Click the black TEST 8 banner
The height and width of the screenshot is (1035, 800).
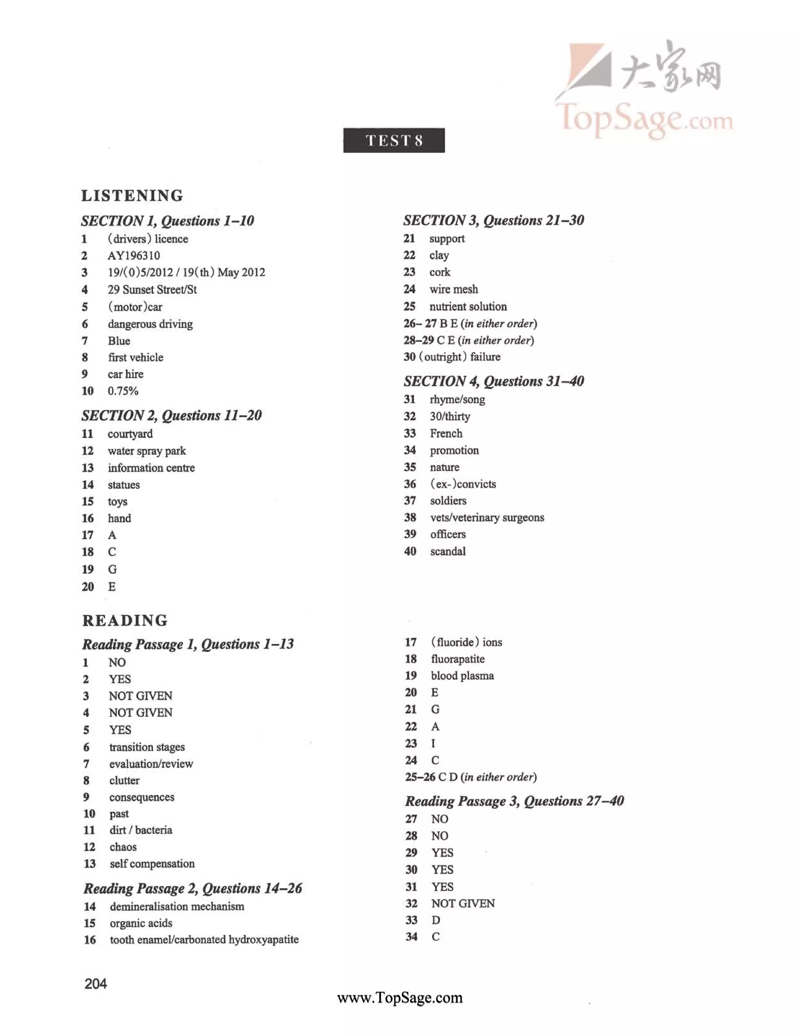(x=394, y=140)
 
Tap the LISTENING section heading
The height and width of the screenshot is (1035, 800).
(x=132, y=195)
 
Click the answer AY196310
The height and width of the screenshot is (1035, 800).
(x=134, y=256)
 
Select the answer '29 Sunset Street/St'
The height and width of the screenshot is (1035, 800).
(x=152, y=289)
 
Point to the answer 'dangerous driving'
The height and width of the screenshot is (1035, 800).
(x=150, y=324)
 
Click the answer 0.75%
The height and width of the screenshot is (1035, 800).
(x=123, y=391)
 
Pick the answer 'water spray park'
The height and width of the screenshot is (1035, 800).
(x=146, y=451)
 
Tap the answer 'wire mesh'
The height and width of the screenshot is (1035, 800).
(x=454, y=289)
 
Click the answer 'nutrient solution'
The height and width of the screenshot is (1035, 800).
(x=468, y=307)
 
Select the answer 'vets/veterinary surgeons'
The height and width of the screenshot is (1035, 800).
(x=487, y=517)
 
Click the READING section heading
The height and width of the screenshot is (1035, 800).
(x=125, y=620)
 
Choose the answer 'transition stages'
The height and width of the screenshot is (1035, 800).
(x=147, y=747)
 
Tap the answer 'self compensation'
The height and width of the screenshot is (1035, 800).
(x=152, y=864)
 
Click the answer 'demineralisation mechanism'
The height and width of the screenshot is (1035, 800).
(x=177, y=907)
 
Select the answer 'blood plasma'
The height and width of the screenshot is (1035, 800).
(x=462, y=676)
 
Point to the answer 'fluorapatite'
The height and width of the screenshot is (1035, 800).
(x=457, y=659)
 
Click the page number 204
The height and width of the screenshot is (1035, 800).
(x=96, y=984)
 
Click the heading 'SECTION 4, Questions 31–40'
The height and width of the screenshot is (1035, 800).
(x=494, y=381)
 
